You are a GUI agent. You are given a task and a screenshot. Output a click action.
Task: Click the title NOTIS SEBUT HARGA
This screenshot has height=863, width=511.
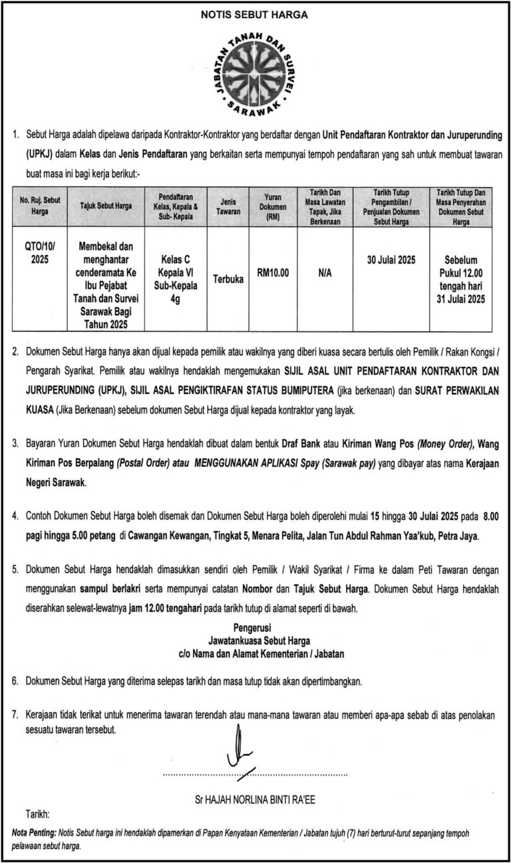[x=255, y=15]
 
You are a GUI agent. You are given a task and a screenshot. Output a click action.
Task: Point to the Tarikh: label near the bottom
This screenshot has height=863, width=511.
[x=37, y=814]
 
